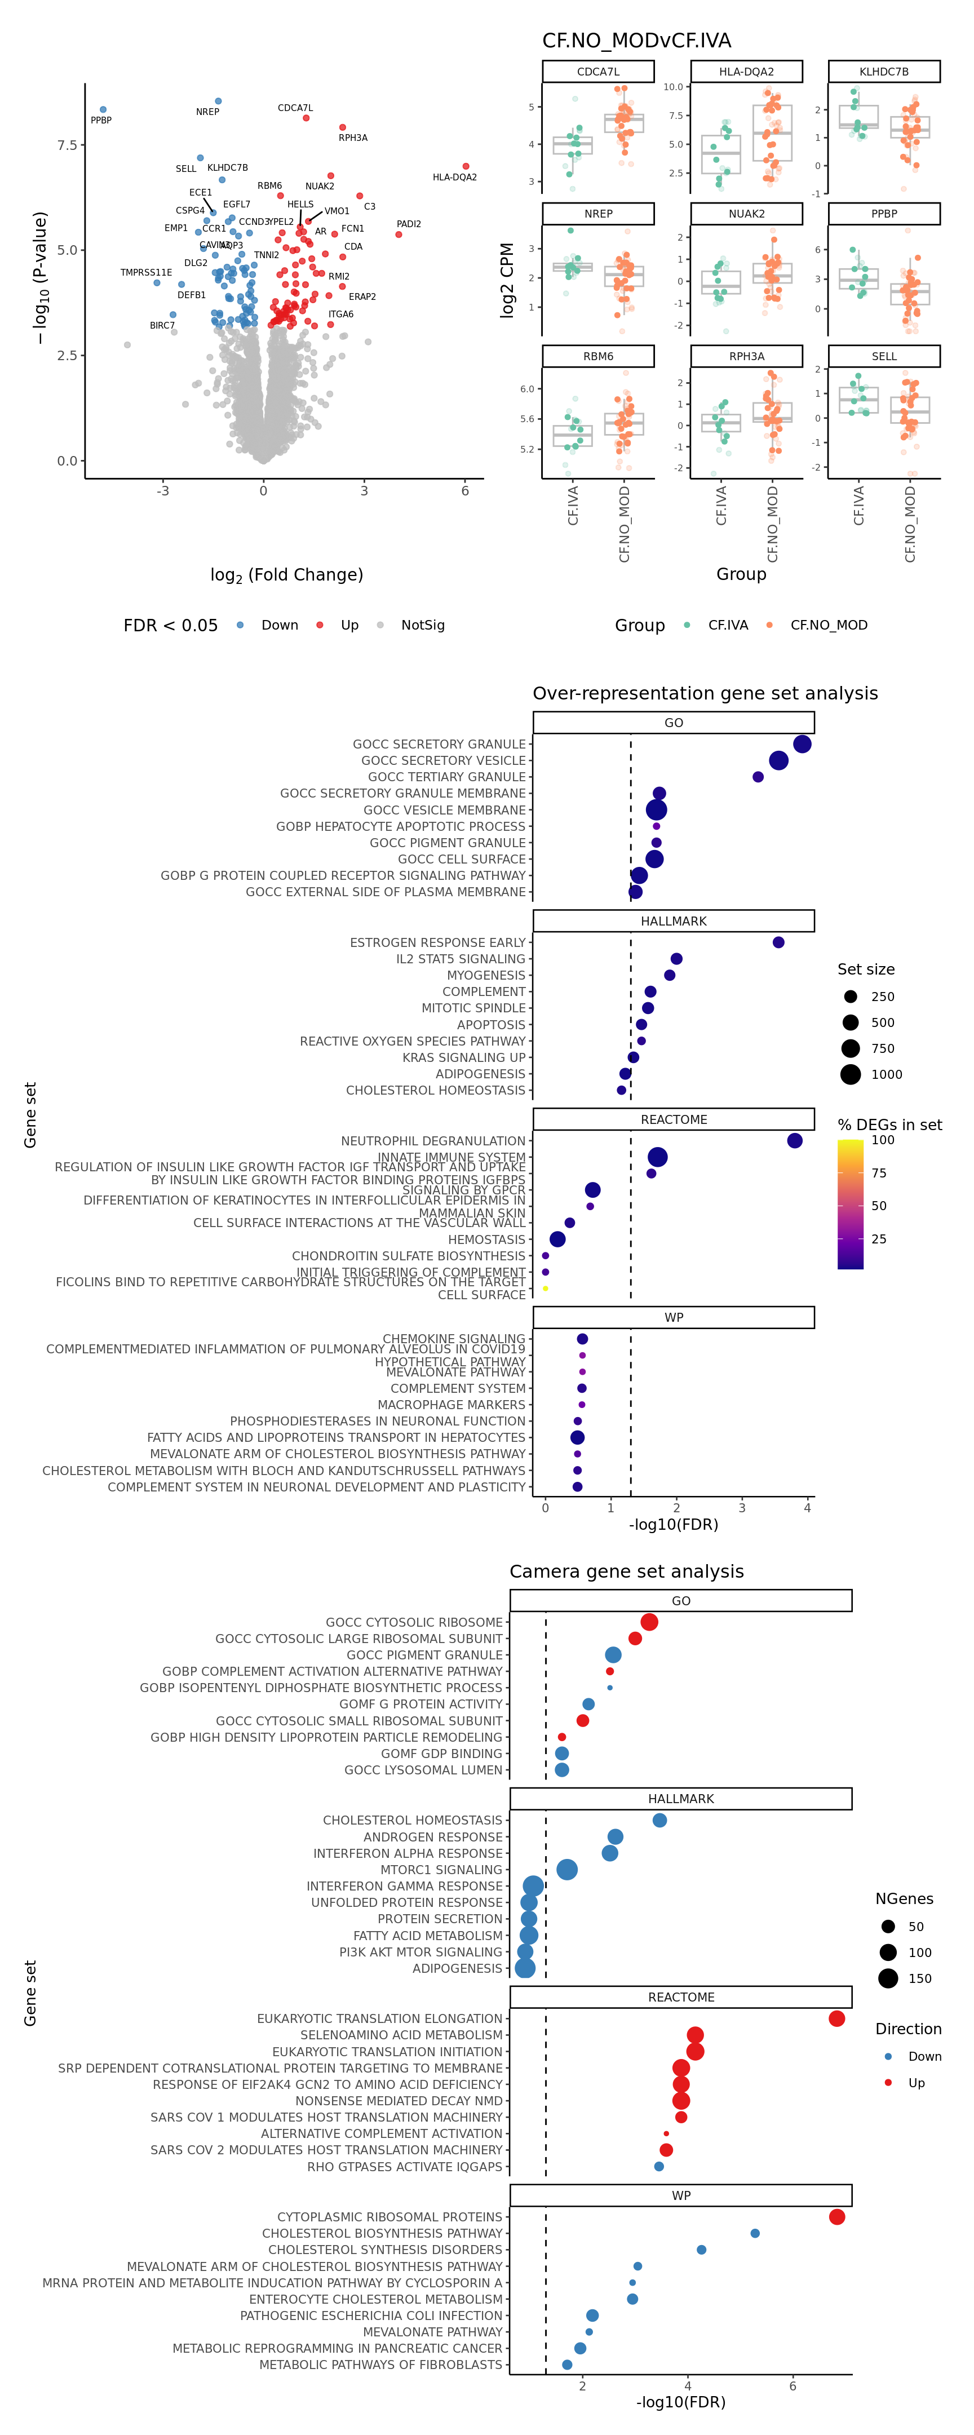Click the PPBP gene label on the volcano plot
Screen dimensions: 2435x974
pyautogui.click(x=101, y=120)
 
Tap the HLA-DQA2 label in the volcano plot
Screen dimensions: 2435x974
pyautogui.click(x=455, y=178)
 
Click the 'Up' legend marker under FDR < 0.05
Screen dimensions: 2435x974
pyautogui.click(x=320, y=625)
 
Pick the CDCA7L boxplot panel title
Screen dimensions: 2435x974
pyautogui.click(x=599, y=72)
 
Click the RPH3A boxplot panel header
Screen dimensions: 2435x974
pyautogui.click(x=746, y=356)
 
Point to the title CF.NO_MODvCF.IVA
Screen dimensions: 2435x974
pyautogui.click(x=636, y=41)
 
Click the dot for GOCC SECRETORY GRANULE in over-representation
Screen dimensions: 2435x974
pyautogui.click(x=802, y=744)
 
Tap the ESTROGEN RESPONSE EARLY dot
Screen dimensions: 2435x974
pyautogui.click(x=778, y=942)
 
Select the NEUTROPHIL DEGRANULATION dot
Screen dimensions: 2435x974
pyautogui.click(x=794, y=1141)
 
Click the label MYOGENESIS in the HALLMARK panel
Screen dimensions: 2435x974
pyautogui.click(x=486, y=976)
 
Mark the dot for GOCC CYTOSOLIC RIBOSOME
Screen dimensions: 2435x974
pyautogui.click(x=649, y=1622)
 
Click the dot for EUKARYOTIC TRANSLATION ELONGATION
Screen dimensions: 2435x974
pyautogui.click(x=837, y=2018)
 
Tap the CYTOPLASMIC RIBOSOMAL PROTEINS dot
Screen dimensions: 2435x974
pyautogui.click(x=837, y=2217)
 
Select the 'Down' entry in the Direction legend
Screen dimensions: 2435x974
pyautogui.click(x=888, y=2056)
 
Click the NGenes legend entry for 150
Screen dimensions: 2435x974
pyautogui.click(x=888, y=1978)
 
